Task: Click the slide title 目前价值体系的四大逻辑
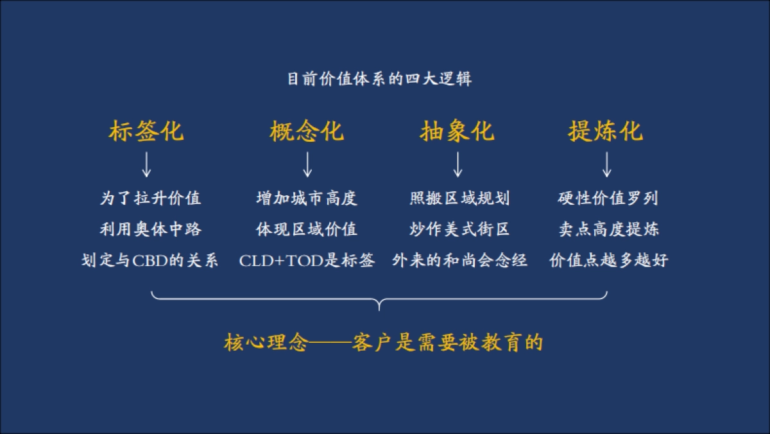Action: point(379,80)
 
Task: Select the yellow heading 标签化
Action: point(146,131)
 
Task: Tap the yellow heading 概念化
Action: point(307,131)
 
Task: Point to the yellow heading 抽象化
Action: point(458,131)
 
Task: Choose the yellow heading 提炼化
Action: point(606,131)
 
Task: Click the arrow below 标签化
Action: point(146,164)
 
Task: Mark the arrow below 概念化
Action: point(307,164)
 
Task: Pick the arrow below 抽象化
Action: point(458,164)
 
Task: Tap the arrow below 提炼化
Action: point(606,164)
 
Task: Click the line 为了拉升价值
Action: point(150,198)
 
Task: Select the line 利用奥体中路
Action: point(150,229)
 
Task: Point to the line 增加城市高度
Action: point(307,198)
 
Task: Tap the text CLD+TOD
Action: point(282,261)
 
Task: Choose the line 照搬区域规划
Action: point(459,198)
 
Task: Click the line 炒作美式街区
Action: point(459,229)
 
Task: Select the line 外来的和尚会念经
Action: point(459,261)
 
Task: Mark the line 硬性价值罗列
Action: point(608,198)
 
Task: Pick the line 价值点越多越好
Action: point(608,261)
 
